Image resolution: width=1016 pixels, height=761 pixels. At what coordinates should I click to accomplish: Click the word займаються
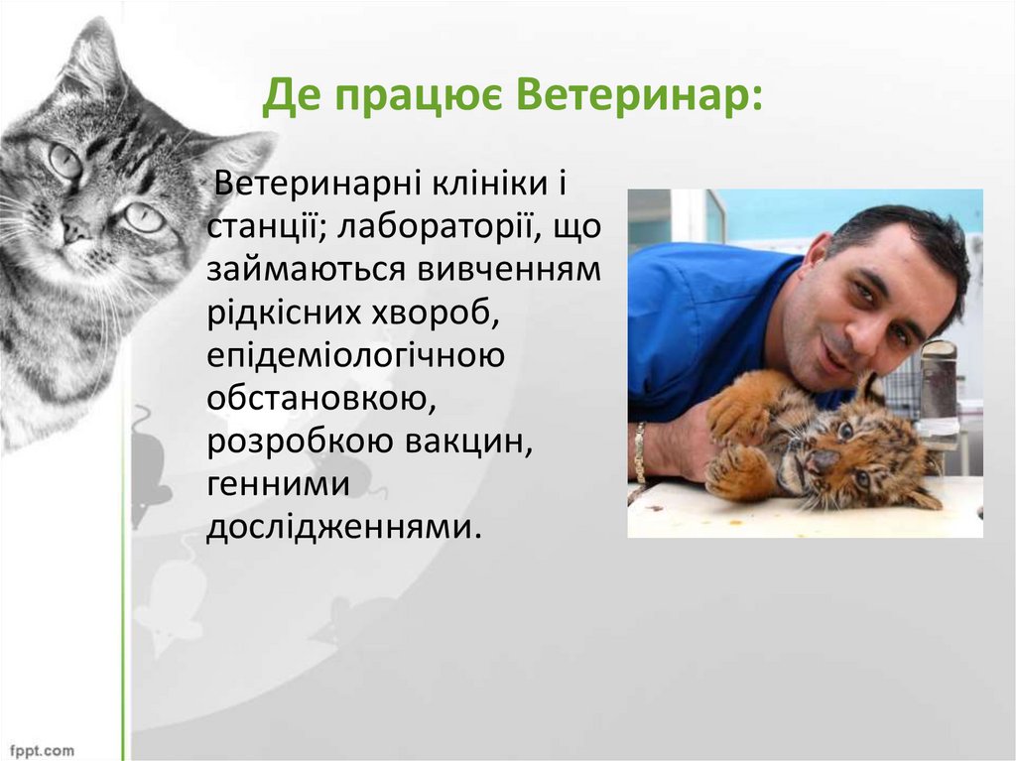[x=298, y=270]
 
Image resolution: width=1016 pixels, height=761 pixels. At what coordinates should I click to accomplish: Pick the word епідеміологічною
[x=355, y=355]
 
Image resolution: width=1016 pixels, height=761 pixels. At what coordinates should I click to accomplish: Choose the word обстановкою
[x=320, y=398]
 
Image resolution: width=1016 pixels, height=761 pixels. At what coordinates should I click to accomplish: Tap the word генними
[x=278, y=483]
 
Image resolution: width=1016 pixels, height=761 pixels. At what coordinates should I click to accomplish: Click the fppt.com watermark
[x=38, y=749]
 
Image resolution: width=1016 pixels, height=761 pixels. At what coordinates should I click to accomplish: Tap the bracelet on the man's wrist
[x=640, y=451]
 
